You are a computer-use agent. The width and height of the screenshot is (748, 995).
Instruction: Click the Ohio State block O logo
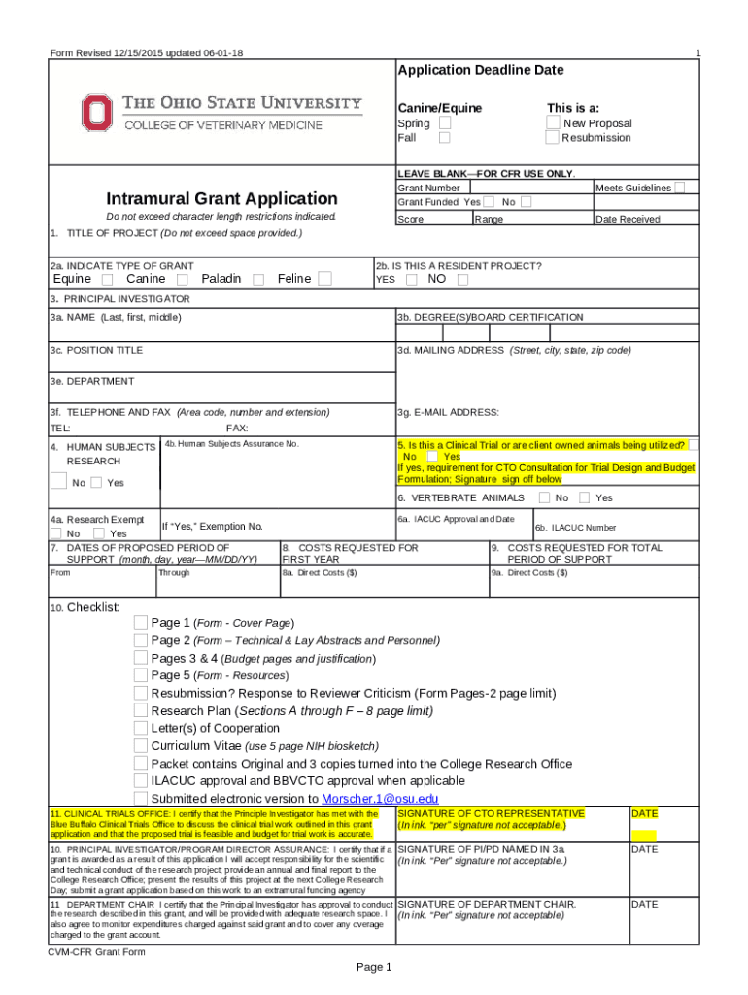click(94, 112)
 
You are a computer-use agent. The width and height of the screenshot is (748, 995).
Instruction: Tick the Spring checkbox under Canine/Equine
click(444, 123)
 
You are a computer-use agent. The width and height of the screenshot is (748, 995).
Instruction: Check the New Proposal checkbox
click(553, 123)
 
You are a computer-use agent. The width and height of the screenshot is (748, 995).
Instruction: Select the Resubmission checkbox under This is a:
click(553, 138)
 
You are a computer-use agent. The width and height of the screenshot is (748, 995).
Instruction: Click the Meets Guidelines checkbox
click(681, 187)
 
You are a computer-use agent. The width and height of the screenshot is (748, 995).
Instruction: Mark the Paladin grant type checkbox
click(258, 280)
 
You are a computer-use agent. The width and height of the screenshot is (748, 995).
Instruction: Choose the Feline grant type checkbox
click(325, 280)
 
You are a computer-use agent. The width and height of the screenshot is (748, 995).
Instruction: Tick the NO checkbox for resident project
click(462, 280)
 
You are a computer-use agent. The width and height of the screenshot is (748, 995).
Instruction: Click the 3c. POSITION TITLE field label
click(97, 350)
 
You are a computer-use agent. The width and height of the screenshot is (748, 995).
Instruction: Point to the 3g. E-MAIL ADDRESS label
click(448, 412)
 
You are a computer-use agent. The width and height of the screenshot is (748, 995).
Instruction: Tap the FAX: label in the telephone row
click(237, 429)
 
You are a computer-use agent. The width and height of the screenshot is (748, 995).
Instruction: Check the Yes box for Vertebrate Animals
click(584, 498)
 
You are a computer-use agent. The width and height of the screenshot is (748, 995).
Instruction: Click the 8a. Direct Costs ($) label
click(320, 573)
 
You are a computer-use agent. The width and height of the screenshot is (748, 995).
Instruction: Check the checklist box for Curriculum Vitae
click(141, 746)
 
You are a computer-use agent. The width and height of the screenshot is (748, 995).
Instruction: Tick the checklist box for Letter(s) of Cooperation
click(141, 729)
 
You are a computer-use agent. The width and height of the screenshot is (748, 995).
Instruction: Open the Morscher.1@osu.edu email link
click(373, 799)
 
